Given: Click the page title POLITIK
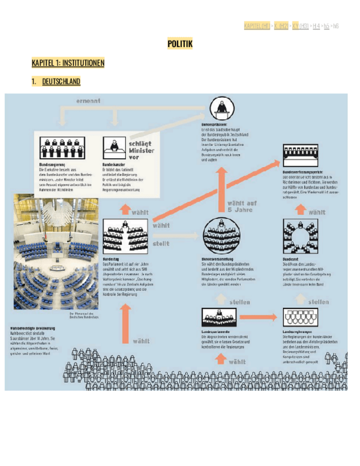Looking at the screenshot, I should [x=180, y=44].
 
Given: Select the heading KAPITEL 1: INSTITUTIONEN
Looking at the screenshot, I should [x=68, y=63].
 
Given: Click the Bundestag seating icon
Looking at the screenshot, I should [x=119, y=235].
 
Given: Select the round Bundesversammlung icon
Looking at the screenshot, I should [x=221, y=235].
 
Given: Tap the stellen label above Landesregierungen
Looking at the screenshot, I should [x=319, y=302].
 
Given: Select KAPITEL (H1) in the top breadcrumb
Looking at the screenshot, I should [x=257, y=26].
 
